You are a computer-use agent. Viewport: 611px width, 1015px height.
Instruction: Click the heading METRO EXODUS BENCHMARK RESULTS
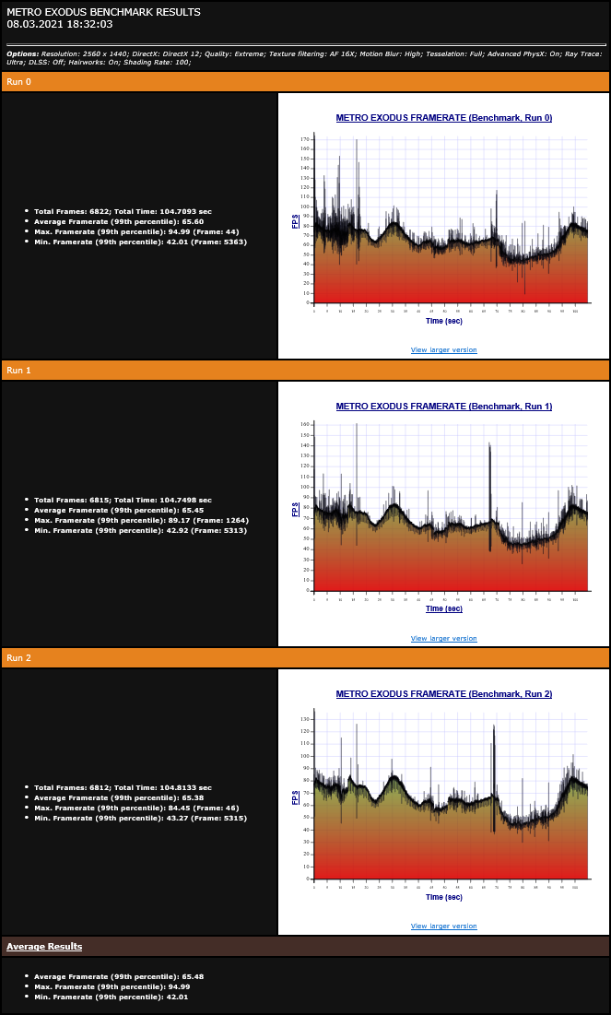pos(103,12)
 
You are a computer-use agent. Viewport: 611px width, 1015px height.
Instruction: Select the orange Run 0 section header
pos(305,82)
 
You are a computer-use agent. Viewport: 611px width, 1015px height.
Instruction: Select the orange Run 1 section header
pos(305,370)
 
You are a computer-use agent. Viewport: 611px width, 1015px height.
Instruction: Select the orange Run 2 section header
pos(305,657)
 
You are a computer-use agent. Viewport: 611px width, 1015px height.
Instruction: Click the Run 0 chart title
pos(444,118)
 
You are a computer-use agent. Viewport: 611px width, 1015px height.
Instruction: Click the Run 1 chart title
pos(444,406)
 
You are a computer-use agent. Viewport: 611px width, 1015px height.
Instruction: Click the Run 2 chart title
pos(444,693)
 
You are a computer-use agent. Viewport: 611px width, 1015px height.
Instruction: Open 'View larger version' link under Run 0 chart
pos(444,350)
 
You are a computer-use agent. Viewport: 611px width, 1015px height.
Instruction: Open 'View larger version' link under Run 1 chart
pos(444,638)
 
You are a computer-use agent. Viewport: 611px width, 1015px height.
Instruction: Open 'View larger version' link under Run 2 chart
pos(444,926)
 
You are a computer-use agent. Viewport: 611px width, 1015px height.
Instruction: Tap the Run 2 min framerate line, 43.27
pos(140,818)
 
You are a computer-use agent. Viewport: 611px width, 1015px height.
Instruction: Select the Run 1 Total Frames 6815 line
pos(123,500)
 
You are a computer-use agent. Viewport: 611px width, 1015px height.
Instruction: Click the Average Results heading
pos(44,947)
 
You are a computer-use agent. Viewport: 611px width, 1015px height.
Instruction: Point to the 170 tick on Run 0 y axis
pos(305,139)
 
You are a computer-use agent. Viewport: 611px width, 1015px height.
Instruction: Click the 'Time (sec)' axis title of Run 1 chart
pos(444,608)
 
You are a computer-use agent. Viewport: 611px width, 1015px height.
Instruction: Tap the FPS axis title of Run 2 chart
pos(295,797)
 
